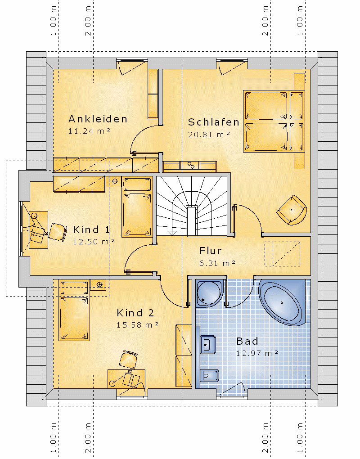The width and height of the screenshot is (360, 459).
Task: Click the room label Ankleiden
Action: [98, 119]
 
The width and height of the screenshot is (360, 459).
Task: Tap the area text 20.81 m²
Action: [209, 135]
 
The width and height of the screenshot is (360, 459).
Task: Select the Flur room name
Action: [211, 251]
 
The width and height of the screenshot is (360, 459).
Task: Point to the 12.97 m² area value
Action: [257, 353]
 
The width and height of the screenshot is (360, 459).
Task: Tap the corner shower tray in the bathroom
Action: [210, 293]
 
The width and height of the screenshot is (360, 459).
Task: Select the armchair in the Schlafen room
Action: [292, 210]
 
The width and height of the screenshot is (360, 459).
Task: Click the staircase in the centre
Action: [192, 206]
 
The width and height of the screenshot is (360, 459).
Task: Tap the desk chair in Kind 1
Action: [57, 232]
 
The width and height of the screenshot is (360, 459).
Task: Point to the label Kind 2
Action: [135, 313]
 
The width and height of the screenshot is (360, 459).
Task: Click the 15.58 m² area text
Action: [137, 324]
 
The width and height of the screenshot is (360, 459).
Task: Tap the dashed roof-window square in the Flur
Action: [282, 254]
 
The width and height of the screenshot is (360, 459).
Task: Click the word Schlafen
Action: [214, 122]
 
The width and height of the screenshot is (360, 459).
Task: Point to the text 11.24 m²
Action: [89, 131]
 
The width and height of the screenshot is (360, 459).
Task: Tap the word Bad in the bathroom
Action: [247, 341]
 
